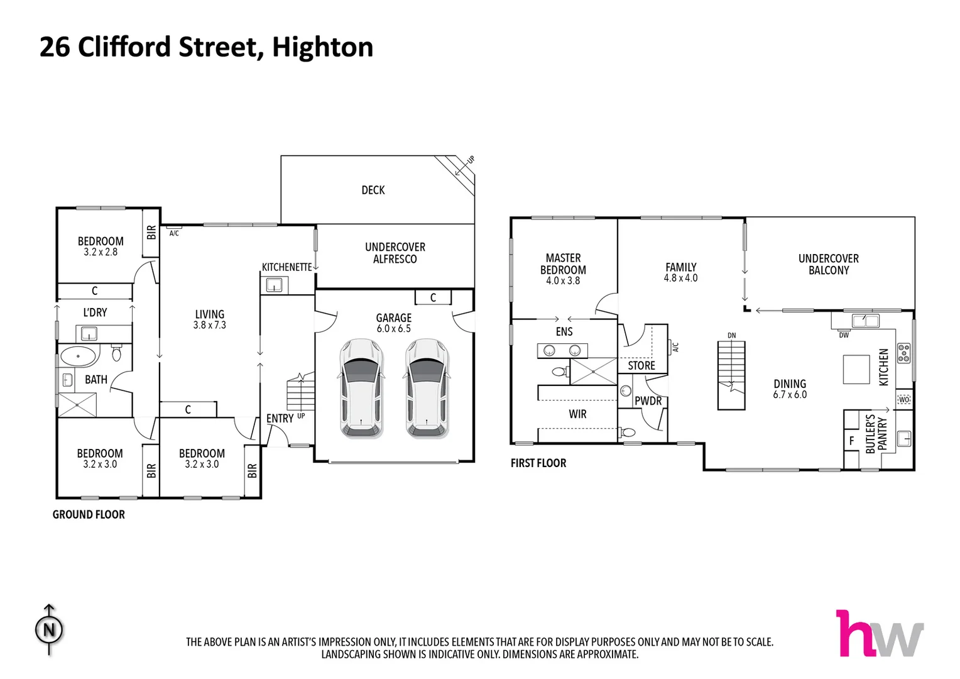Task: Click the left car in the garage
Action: pyautogui.click(x=361, y=388)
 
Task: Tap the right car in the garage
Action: pyautogui.click(x=427, y=388)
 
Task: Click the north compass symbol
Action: pyautogui.click(x=49, y=629)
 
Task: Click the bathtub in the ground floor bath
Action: pyautogui.click(x=79, y=356)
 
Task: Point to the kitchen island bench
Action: pyautogui.click(x=856, y=369)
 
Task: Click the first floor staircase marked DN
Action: pyautogui.click(x=731, y=375)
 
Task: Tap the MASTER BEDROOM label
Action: pyautogui.click(x=563, y=263)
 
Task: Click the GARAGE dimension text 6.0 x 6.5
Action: pyautogui.click(x=393, y=329)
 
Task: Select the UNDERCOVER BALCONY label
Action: pyautogui.click(x=828, y=264)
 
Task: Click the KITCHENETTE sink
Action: pyautogui.click(x=274, y=286)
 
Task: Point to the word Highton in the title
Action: pyautogui.click(x=322, y=47)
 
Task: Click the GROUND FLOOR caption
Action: pyautogui.click(x=89, y=514)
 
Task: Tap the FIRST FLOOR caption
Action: pyautogui.click(x=538, y=463)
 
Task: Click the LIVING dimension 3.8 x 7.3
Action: pyautogui.click(x=209, y=325)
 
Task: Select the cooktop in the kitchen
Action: pyautogui.click(x=903, y=353)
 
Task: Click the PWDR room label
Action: pyautogui.click(x=648, y=400)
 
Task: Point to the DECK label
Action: pyautogui.click(x=373, y=190)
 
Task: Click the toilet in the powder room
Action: pyautogui.click(x=628, y=432)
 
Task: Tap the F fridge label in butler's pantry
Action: pyautogui.click(x=851, y=441)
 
